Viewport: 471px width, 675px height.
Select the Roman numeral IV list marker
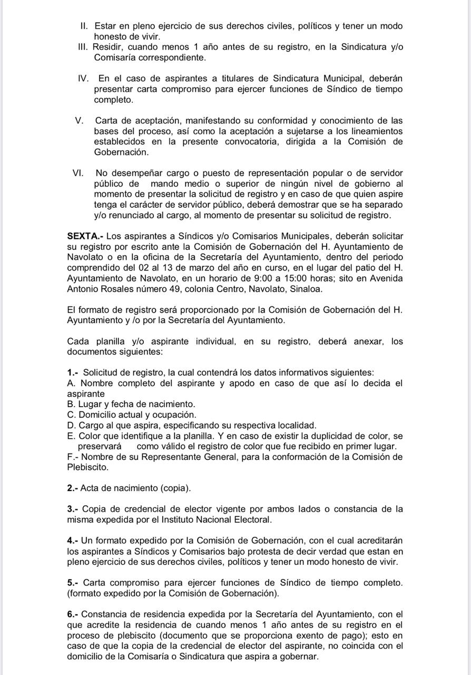click(83, 79)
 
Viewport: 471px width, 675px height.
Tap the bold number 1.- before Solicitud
click(73, 372)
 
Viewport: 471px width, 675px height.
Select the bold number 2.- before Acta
click(73, 488)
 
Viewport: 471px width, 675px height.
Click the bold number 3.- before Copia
click(73, 509)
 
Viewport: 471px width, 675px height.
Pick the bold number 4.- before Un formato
click(73, 541)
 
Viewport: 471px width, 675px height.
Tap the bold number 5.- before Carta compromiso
click(73, 583)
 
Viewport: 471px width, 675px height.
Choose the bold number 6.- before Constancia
click(73, 614)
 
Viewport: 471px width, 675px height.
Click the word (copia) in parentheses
click(175, 488)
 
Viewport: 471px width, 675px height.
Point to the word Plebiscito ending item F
click(87, 467)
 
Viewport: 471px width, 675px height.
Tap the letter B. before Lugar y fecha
click(72, 404)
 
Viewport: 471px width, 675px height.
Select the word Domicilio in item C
click(99, 415)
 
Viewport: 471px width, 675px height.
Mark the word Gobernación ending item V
click(121, 152)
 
